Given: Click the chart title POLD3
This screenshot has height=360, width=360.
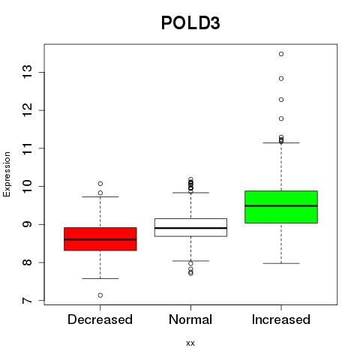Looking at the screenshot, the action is (x=190, y=23).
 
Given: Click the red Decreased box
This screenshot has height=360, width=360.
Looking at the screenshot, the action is (x=100, y=238).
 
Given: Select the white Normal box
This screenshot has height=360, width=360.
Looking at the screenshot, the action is (x=190, y=227).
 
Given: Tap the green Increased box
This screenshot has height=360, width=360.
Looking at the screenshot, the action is (x=281, y=207).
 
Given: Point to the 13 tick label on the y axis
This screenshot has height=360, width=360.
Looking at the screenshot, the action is (x=28, y=72).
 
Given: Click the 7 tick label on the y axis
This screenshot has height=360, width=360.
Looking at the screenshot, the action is (x=28, y=300).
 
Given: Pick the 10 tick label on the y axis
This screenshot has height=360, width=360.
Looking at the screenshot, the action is (x=28, y=186).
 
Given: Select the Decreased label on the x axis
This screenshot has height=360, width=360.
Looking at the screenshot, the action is (x=100, y=319).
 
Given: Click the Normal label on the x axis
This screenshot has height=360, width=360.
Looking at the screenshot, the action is (x=190, y=319).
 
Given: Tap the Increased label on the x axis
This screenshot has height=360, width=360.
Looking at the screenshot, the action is (x=281, y=319).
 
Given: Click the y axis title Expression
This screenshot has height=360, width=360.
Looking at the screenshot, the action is (x=7, y=174).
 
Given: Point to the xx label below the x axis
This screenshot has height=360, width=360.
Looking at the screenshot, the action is (x=190, y=343).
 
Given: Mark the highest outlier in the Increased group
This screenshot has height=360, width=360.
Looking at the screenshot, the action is (x=281, y=54).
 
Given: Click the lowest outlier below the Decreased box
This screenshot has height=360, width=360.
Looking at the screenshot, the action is (x=100, y=295).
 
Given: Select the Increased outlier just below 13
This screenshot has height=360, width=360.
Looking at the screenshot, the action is (x=281, y=79).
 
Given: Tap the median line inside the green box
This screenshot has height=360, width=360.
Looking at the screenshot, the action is (x=281, y=205).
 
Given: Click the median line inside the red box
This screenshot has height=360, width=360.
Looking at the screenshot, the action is (x=100, y=239).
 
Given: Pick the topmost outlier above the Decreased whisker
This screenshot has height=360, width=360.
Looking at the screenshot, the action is (x=100, y=184).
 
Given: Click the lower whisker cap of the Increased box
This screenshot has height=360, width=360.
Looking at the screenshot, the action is (x=281, y=263).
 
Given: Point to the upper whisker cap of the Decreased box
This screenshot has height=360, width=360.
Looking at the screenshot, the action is (x=100, y=196).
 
